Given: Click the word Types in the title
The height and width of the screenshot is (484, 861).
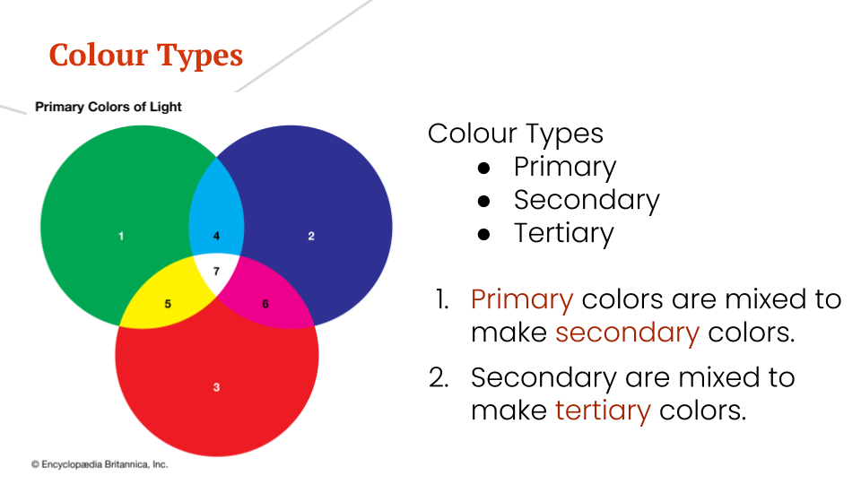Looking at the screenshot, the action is pyautogui.click(x=199, y=56).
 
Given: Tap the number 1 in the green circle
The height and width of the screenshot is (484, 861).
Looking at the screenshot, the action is pyautogui.click(x=121, y=236).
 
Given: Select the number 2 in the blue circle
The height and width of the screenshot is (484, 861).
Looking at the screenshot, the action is pyautogui.click(x=311, y=236).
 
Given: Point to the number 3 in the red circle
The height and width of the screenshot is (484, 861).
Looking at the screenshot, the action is pyautogui.click(x=216, y=387).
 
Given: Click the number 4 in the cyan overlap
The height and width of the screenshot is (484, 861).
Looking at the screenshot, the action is pyautogui.click(x=216, y=236).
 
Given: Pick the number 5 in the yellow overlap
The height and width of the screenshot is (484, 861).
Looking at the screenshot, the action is pyautogui.click(x=168, y=304).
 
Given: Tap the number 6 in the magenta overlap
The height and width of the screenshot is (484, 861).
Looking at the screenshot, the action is pyautogui.click(x=265, y=304).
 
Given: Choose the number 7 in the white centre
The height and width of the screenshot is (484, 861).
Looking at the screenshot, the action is pyautogui.click(x=216, y=270).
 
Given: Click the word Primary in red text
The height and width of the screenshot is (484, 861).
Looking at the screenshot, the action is pyautogui.click(x=522, y=299).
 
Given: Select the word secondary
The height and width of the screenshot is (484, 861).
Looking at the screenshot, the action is pyautogui.click(x=627, y=333).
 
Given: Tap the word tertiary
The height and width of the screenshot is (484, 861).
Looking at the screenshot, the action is pyautogui.click(x=603, y=411).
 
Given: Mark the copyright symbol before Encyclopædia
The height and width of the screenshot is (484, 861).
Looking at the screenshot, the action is pyautogui.click(x=35, y=464).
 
